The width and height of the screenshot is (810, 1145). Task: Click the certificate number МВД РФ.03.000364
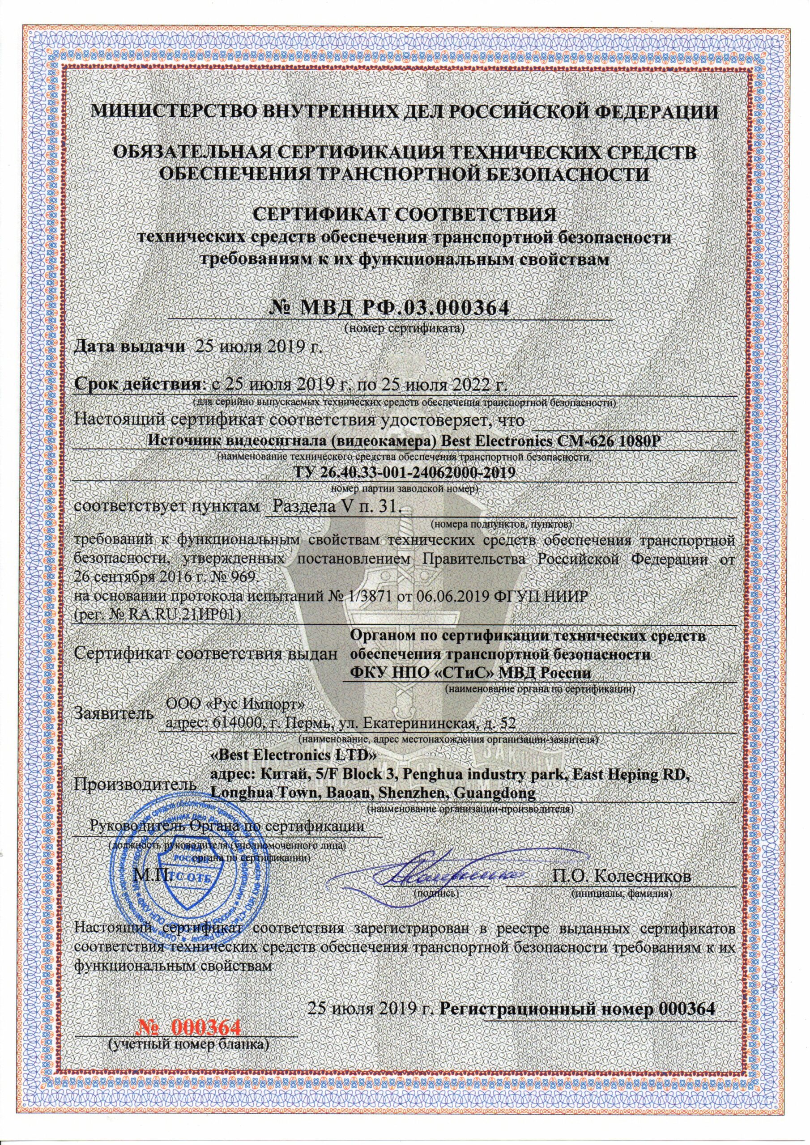coord(389,308)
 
